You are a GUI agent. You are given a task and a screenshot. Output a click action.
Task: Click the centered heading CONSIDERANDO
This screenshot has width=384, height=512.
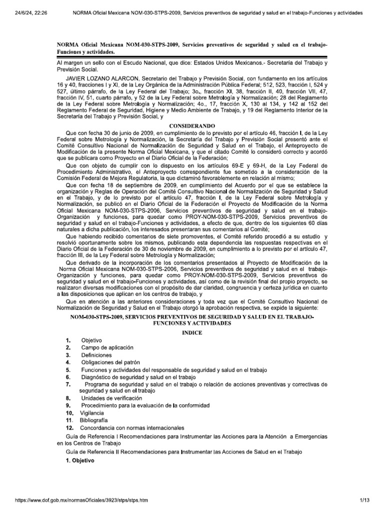(192, 125)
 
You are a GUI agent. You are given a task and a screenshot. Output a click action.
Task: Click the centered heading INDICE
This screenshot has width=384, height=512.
(192, 332)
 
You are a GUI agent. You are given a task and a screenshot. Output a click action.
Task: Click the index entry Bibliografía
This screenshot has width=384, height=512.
(93, 420)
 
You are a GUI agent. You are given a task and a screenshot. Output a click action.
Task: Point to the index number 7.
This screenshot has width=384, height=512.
(68, 384)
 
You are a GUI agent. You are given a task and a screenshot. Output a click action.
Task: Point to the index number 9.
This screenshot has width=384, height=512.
(68, 405)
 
